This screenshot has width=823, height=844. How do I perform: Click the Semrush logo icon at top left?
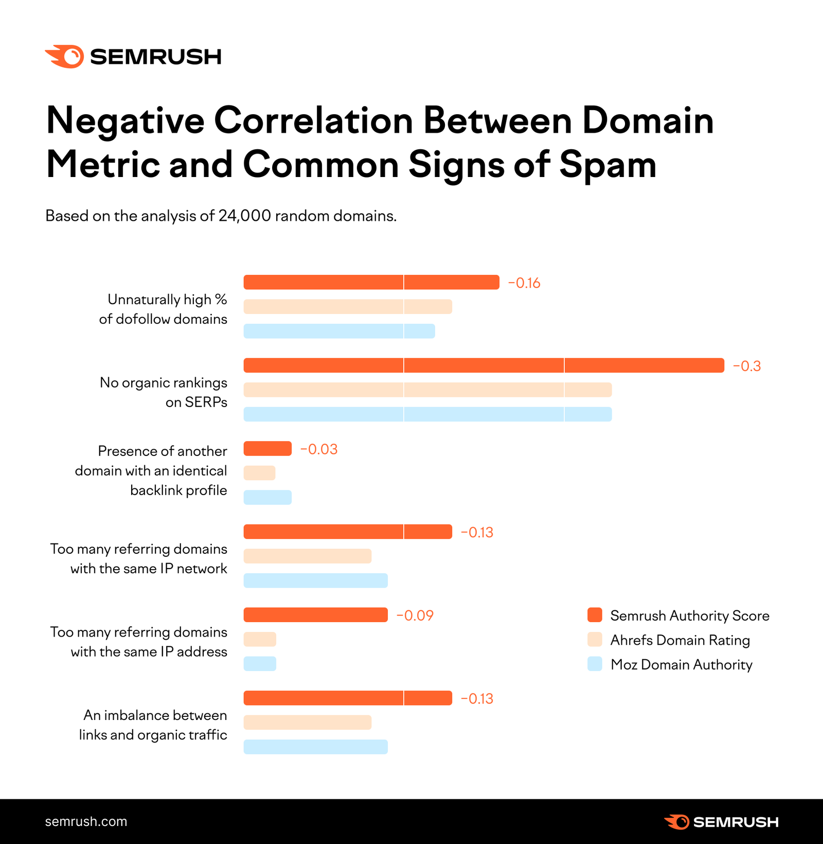65,56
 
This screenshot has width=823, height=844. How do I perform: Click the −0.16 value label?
524,283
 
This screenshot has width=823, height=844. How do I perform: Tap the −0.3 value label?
746,366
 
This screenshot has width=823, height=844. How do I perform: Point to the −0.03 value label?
319,449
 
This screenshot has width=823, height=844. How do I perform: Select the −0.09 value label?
415,616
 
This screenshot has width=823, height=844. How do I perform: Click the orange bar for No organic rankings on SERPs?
484,365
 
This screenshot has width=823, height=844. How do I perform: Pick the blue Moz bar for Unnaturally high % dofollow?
339,331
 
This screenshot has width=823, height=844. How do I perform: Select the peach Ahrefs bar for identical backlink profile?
259,473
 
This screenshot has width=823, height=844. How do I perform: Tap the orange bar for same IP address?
315,615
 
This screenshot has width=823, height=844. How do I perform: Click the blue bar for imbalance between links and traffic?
315,747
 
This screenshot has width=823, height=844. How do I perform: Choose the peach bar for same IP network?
307,556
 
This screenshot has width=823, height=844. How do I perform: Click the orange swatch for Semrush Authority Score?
595,615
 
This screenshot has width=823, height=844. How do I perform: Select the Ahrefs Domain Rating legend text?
679,640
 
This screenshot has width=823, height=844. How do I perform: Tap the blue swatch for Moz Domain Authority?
595,664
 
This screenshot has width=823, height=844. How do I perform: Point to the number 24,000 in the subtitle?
244,216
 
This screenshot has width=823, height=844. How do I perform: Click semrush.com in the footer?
86,821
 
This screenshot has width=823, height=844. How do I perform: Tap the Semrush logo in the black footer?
721,822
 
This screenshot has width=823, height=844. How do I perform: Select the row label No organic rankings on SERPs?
164,392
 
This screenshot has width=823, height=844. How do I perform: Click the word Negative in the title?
125,121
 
